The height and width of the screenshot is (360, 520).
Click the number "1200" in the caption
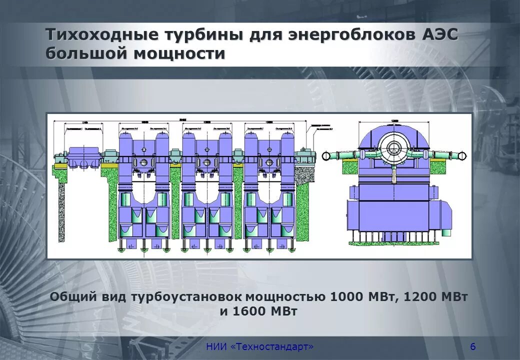pos(421,296)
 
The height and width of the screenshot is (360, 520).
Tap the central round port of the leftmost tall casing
pos(144,162)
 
